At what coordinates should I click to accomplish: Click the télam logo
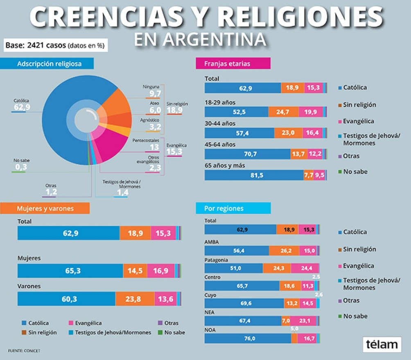(x=382, y=344)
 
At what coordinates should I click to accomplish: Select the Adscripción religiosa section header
(x=47, y=63)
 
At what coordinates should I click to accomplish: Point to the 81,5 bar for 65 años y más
(x=254, y=175)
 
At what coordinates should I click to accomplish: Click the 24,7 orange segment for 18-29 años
(x=283, y=112)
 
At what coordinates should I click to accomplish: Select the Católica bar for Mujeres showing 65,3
(x=70, y=271)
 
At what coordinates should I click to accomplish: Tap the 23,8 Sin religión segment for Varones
(x=135, y=299)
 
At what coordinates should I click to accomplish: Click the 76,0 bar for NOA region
(x=248, y=338)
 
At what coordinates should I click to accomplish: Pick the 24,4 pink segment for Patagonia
(x=305, y=268)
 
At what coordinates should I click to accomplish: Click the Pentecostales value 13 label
(x=154, y=147)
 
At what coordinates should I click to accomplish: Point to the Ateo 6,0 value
(x=155, y=110)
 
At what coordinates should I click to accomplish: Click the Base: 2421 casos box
(x=54, y=45)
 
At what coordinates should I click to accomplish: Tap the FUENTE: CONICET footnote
(x=24, y=351)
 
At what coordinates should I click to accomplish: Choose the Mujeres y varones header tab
(x=45, y=208)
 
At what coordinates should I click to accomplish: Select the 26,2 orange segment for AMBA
(x=284, y=251)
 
